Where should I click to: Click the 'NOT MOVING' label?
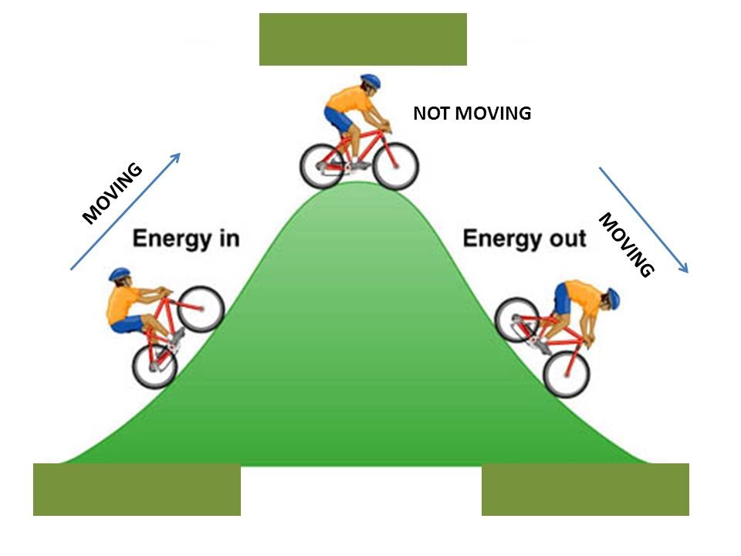pyautogui.click(x=472, y=114)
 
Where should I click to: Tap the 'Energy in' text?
pyautogui.click(x=186, y=238)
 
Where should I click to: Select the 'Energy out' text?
pyautogui.click(x=524, y=238)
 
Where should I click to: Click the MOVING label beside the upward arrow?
pyautogui.click(x=113, y=193)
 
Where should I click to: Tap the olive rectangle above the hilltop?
pyautogui.click(x=363, y=39)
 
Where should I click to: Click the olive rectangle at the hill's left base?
pyautogui.click(x=137, y=490)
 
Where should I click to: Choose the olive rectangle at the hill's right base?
pyautogui.click(x=585, y=490)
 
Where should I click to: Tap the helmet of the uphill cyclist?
pyautogui.click(x=120, y=273)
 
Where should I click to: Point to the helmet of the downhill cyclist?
pyautogui.click(x=612, y=297)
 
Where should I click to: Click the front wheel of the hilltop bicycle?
pyautogui.click(x=396, y=166)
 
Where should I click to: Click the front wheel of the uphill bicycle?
pyautogui.click(x=201, y=309)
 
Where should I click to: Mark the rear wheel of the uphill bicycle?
pyautogui.click(x=155, y=364)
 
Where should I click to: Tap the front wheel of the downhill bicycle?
pyautogui.click(x=567, y=373)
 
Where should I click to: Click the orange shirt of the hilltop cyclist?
pyautogui.click(x=347, y=100)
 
